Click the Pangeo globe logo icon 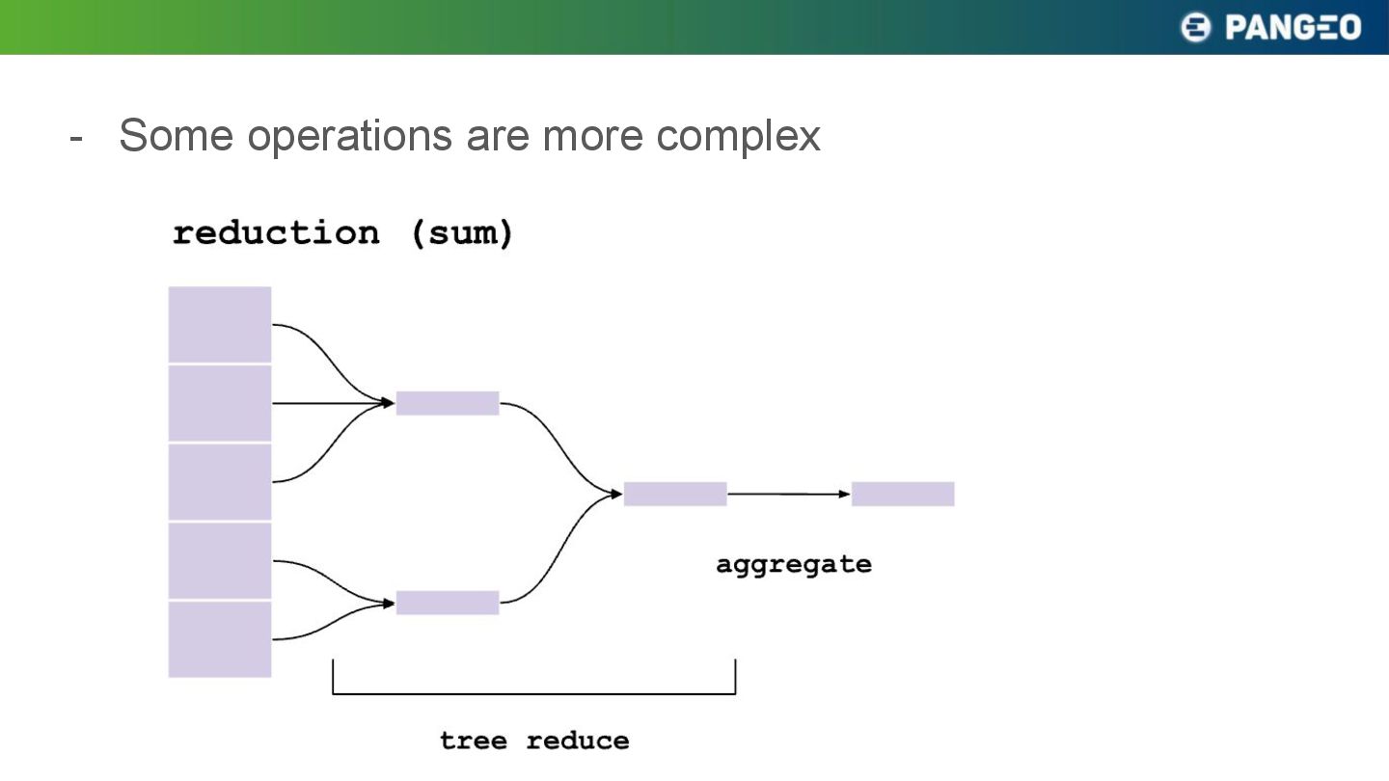pyautogui.click(x=1195, y=27)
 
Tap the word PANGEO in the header pyautogui.click(x=1293, y=28)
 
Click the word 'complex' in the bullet pyautogui.click(x=738, y=136)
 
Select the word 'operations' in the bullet pyautogui.click(x=350, y=136)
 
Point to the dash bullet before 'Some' pyautogui.click(x=76, y=139)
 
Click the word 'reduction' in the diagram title pyautogui.click(x=276, y=233)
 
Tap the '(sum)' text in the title pyautogui.click(x=462, y=233)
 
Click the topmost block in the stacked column pyautogui.click(x=220, y=324)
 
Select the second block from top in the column pyautogui.click(x=220, y=403)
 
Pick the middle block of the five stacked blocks pyautogui.click(x=220, y=482)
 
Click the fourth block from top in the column pyautogui.click(x=220, y=561)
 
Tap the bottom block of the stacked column pyautogui.click(x=220, y=639)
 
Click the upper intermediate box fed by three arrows pyautogui.click(x=448, y=403)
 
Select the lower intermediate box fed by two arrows pyautogui.click(x=448, y=603)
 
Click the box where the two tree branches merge pyautogui.click(x=675, y=494)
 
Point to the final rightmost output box pyautogui.click(x=903, y=494)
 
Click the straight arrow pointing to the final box pyautogui.click(x=789, y=494)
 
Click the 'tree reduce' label pyautogui.click(x=534, y=741)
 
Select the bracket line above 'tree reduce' pyautogui.click(x=534, y=693)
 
